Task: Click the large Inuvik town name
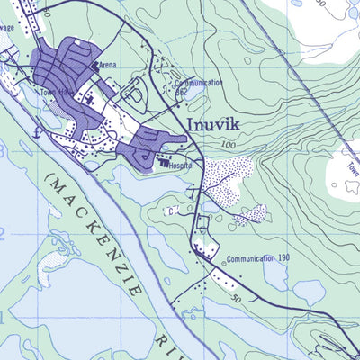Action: (x=217, y=124)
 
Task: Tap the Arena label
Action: (x=108, y=66)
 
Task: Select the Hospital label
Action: (x=181, y=166)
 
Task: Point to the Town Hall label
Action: (x=54, y=93)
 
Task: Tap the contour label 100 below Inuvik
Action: (x=226, y=145)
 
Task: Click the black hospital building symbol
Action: (x=164, y=164)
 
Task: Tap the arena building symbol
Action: (x=95, y=66)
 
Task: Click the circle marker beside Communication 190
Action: (x=223, y=264)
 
